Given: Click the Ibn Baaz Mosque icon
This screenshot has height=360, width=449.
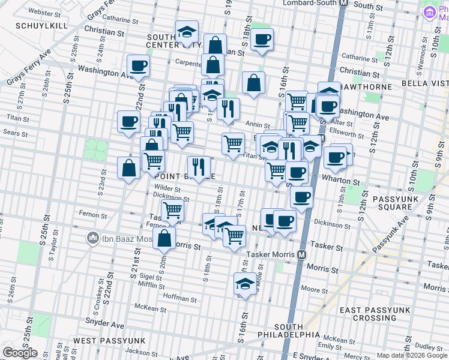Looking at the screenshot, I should point(93,238).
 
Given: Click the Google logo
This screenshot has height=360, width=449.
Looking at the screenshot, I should point(20,353).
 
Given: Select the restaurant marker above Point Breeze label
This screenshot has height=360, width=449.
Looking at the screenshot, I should point(199,166).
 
